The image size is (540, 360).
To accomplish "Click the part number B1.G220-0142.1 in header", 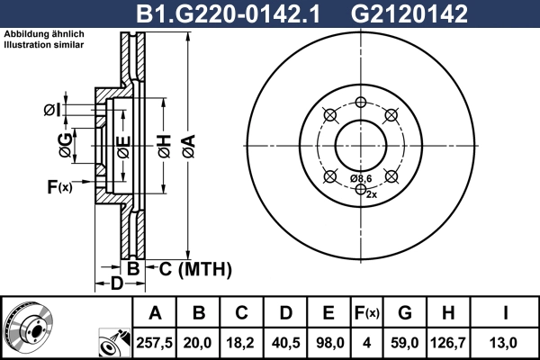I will coord(227,13).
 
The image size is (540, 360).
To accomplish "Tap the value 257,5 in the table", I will coord(155,342).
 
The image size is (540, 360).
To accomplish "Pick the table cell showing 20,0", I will coord(199,342).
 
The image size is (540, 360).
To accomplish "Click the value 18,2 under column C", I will coord(242,342).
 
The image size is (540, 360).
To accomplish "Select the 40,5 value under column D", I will coord(285,342).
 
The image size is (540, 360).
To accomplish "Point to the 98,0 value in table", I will coord(328,342).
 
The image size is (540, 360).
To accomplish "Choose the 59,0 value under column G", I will coord(405,342).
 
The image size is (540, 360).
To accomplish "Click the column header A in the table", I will coord(155,313).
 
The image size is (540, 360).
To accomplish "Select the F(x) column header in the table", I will coord(366,313).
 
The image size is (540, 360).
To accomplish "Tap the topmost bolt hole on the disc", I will coord(360,102).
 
